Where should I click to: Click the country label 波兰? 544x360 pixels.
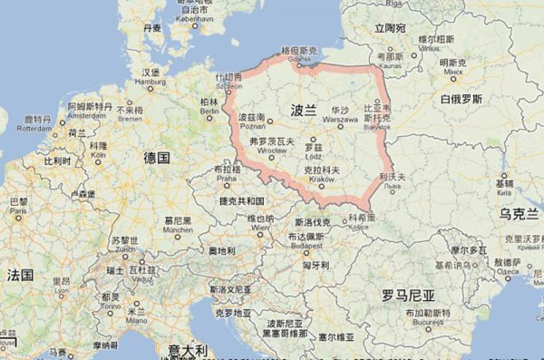coord(304,110)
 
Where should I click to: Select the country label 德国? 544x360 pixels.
coord(157,157)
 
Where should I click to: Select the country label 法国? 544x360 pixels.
coord(20,274)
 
